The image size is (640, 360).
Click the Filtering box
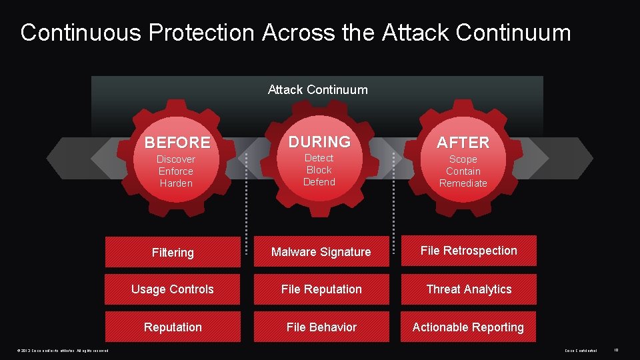[173, 252]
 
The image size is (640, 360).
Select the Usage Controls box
[173, 289]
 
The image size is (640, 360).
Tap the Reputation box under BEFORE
[173, 327]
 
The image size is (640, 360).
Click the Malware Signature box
[321, 252]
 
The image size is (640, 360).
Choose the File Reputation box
[321, 289]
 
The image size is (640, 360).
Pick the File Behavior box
[321, 327]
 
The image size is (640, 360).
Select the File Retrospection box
[468, 251]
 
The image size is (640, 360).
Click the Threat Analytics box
[468, 289]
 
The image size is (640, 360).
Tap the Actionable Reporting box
[468, 327]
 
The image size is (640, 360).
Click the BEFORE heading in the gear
[177, 143]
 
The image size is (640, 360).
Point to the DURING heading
[319, 141]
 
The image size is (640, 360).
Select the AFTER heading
[463, 143]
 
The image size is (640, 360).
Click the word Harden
[176, 183]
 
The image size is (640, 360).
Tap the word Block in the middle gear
[319, 170]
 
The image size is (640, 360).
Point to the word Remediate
[463, 183]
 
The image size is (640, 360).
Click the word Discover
[176, 159]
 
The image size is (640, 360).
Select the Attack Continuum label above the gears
[317, 89]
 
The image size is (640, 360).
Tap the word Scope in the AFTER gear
[463, 159]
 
